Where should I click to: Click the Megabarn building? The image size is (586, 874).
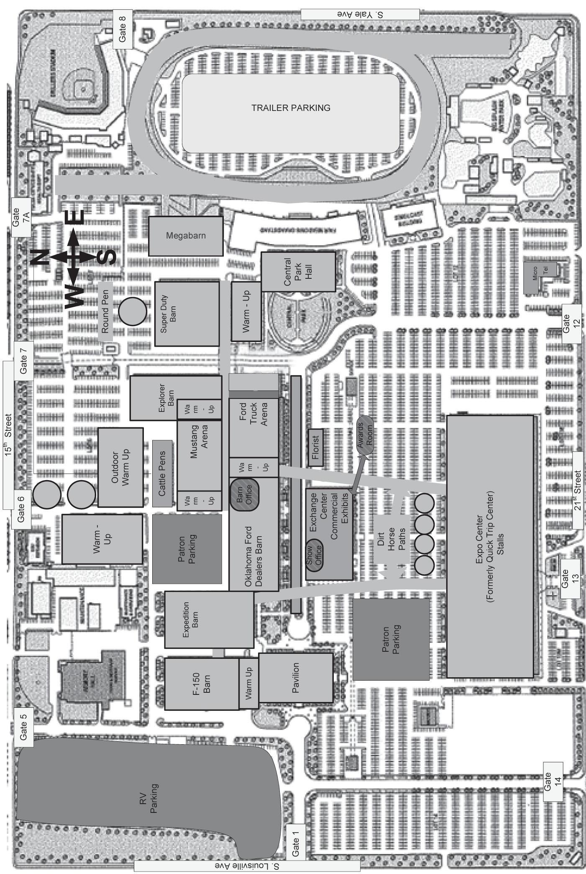tap(186, 236)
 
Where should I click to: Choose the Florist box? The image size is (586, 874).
tap(316, 447)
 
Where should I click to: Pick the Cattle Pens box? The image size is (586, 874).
tap(162, 473)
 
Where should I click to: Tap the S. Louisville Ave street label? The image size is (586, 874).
tap(247, 865)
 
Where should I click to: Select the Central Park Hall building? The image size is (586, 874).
tap(298, 271)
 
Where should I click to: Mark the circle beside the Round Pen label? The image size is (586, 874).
tap(133, 311)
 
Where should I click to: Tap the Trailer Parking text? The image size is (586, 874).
tap(291, 108)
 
